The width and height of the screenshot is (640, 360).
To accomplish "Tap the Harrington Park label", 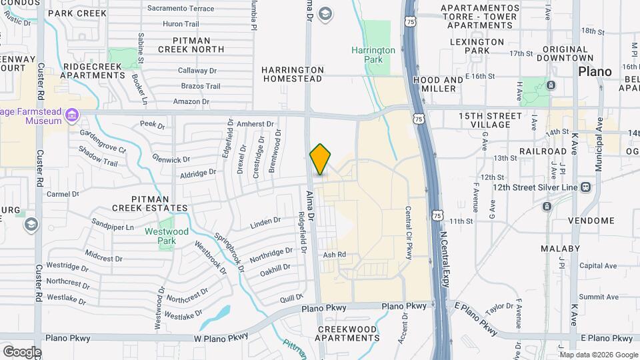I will pos(373,55).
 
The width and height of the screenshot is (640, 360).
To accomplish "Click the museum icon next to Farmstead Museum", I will pos(71,118).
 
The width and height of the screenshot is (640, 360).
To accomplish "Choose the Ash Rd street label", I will pos(334,255).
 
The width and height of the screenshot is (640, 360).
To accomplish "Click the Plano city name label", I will pos(595,71).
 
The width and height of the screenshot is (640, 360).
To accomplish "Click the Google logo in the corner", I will pos(22,352).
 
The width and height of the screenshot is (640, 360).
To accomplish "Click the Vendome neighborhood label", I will pos(591,221).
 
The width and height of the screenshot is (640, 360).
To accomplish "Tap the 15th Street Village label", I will pos(490,120).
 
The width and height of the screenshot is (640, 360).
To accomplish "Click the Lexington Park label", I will pos(477,46).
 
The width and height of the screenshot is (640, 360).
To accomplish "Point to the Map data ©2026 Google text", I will pos(599,355).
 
